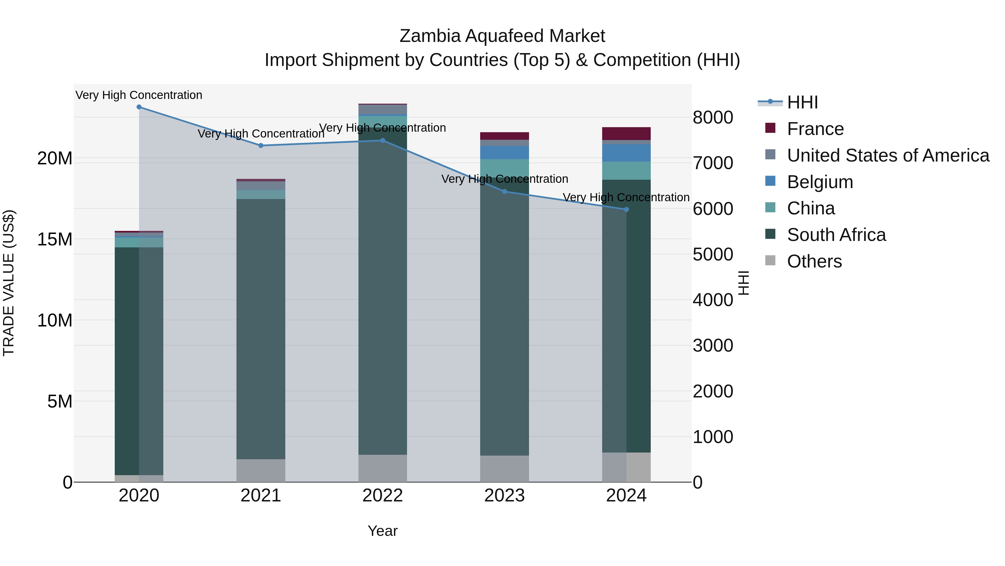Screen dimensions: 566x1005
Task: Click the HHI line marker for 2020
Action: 139,107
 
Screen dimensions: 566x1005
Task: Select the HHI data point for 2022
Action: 383,141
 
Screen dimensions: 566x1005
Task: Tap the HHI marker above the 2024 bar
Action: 626,210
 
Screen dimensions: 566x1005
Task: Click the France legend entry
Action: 815,129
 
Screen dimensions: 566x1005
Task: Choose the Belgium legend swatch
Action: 770,181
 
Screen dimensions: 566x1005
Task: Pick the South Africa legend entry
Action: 836,235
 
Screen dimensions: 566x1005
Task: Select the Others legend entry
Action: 814,261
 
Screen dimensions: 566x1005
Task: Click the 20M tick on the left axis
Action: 55,158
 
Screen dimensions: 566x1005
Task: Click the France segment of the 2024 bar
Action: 626,134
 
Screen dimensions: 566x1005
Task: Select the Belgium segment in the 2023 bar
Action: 504,152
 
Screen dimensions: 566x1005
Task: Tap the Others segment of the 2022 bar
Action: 383,468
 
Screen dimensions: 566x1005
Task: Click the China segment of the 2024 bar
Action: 626,171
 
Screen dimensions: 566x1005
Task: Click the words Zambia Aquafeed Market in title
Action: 502,36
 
